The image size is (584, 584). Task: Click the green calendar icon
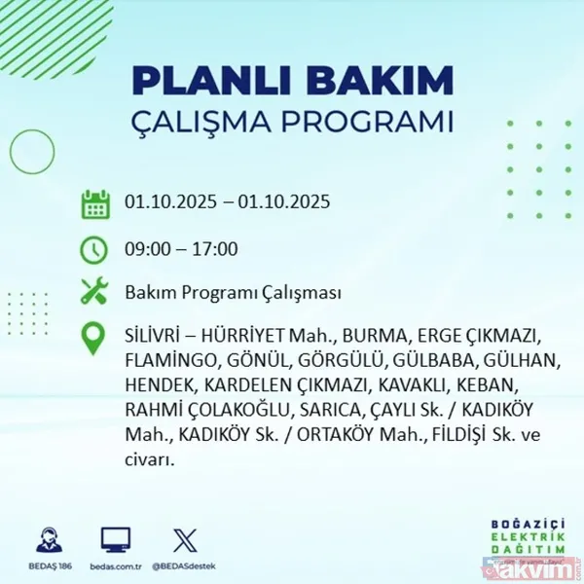[94, 204]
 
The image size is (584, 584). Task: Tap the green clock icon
[94, 250]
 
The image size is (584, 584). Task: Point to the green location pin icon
[94, 338]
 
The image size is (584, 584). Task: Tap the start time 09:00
[146, 249]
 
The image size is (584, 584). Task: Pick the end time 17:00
[214, 249]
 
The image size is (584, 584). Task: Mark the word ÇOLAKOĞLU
[231, 410]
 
